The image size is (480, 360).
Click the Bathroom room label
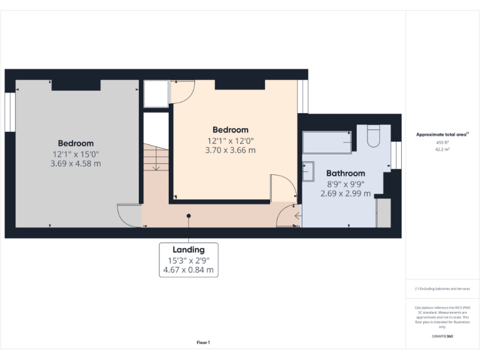(x=346, y=173)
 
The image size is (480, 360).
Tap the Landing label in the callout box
(x=189, y=250)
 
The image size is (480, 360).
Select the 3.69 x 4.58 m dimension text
(x=76, y=164)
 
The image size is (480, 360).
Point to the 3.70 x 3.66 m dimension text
(x=230, y=150)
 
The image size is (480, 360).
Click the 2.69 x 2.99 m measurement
(x=345, y=193)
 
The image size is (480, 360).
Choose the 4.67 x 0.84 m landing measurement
(x=189, y=271)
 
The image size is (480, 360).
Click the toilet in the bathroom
(x=373, y=136)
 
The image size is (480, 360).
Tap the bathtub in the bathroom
(x=327, y=142)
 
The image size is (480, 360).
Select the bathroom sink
(x=307, y=171)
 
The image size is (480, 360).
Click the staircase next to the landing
(x=154, y=159)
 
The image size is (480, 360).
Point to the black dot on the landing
(x=188, y=216)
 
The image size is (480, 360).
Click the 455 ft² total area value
(x=442, y=142)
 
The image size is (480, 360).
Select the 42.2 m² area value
(x=442, y=150)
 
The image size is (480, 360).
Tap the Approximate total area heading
(x=442, y=134)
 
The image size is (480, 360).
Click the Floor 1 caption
(x=203, y=342)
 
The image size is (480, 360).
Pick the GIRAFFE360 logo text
(x=442, y=336)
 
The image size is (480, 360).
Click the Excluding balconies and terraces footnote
(x=442, y=289)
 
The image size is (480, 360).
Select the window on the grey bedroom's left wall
(x=10, y=112)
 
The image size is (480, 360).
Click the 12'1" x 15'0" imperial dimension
(x=76, y=154)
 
